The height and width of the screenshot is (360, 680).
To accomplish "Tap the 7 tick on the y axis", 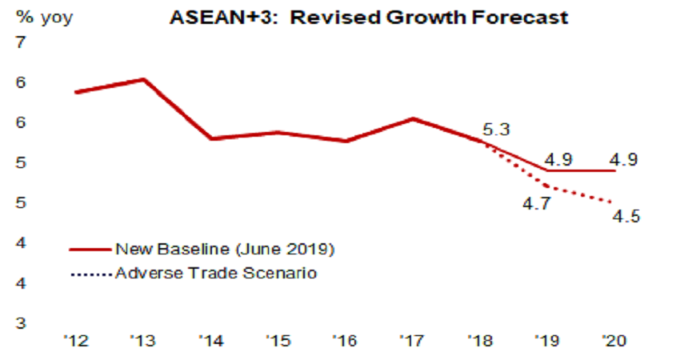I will (x=20, y=42).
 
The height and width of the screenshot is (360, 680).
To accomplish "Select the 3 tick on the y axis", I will (x=20, y=324).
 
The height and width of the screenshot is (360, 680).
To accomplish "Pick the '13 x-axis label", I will (x=143, y=339).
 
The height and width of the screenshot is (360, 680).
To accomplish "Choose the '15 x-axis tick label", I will (x=279, y=339).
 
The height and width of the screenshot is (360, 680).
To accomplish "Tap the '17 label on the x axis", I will (x=412, y=339).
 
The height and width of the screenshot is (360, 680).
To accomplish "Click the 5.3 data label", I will (x=497, y=128).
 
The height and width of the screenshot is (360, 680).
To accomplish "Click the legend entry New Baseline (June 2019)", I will (x=224, y=248).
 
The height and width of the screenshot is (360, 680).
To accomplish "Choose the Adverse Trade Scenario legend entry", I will (x=216, y=273).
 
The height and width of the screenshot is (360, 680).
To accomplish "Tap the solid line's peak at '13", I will (x=143, y=79).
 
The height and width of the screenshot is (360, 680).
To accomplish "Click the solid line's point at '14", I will (x=211, y=138).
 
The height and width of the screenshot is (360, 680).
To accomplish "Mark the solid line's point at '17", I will (x=412, y=118).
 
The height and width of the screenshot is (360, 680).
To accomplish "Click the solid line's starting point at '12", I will (x=75, y=93).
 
